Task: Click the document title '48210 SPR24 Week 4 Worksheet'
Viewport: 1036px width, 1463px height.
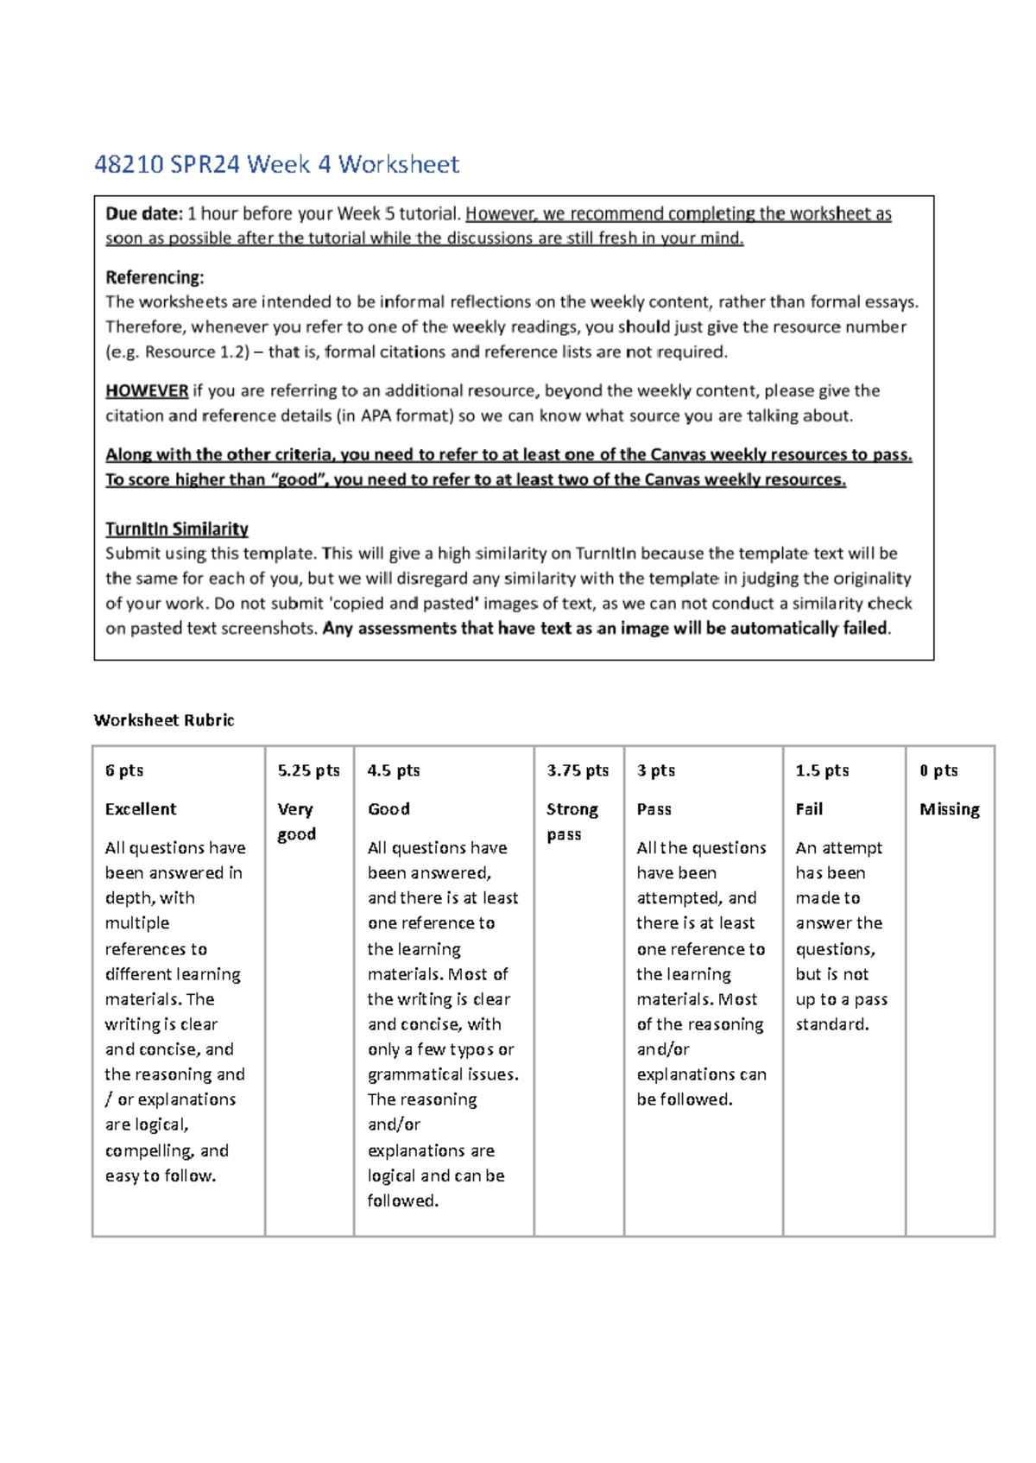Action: pyautogui.click(x=276, y=164)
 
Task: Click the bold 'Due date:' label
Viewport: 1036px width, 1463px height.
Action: pyautogui.click(x=143, y=213)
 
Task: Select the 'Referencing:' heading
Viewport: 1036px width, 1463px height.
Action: pyautogui.click(x=155, y=277)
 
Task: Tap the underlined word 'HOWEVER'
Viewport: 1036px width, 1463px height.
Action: pyautogui.click(x=147, y=390)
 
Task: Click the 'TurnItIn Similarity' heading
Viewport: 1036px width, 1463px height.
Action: pyautogui.click(x=177, y=529)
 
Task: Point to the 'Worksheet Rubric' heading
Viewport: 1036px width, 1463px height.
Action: pyautogui.click(x=164, y=720)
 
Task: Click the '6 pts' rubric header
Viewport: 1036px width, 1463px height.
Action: pyautogui.click(x=124, y=770)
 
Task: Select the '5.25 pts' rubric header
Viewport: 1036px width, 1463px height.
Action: pyautogui.click(x=309, y=770)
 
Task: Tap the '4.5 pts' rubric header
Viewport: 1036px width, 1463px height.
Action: pyautogui.click(x=394, y=770)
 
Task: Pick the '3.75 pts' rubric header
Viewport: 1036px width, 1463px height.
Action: pyautogui.click(x=578, y=770)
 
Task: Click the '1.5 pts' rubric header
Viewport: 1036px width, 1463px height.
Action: pyautogui.click(x=822, y=770)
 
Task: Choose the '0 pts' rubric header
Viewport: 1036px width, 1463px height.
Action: pyautogui.click(x=938, y=770)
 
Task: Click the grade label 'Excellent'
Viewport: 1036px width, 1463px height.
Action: pyautogui.click(x=141, y=809)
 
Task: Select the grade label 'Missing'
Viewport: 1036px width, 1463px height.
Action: pyautogui.click(x=950, y=809)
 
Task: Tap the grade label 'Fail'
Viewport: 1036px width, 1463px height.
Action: pyautogui.click(x=809, y=809)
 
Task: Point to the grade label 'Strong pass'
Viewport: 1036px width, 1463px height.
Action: pyautogui.click(x=572, y=821)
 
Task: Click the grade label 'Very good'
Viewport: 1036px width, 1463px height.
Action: pyautogui.click(x=296, y=821)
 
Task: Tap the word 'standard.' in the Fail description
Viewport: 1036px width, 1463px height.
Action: pyautogui.click(x=832, y=1024)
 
